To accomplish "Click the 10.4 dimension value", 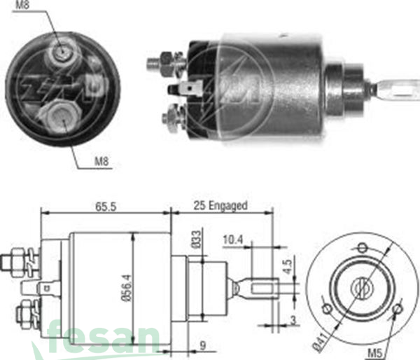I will tap(234, 240).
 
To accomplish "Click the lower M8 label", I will tap(102, 163).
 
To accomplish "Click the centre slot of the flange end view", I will tap(362, 286).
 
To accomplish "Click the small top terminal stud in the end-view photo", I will tap(62, 50).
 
